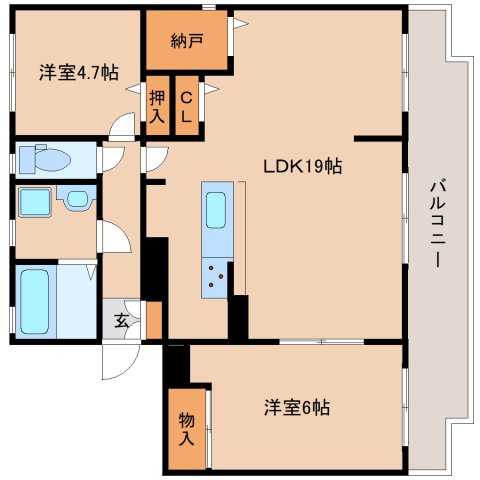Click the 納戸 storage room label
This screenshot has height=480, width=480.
tap(187, 41)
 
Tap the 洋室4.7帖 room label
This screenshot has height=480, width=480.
tap(79, 72)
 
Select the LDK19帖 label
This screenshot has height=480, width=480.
tap(303, 166)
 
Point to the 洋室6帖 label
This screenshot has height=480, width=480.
tap(297, 407)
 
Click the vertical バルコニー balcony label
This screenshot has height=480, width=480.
tap(437, 223)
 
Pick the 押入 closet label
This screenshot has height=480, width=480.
tap(157, 107)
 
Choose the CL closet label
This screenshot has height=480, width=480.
tap(186, 107)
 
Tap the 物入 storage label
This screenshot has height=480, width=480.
tap(186, 429)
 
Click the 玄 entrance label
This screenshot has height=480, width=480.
tap(121, 321)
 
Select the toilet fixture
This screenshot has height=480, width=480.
tap(45, 159)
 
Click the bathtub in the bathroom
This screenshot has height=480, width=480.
tap(35, 301)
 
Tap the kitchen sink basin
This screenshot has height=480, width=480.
tap(216, 210)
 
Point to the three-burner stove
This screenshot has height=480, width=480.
tap(215, 276)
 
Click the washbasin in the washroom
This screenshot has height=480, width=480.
tap(77, 199)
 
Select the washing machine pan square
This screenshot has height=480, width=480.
tap(35, 202)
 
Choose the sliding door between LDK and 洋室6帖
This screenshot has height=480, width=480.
tap(321, 341)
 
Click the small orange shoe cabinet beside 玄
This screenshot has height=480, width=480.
tap(154, 320)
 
